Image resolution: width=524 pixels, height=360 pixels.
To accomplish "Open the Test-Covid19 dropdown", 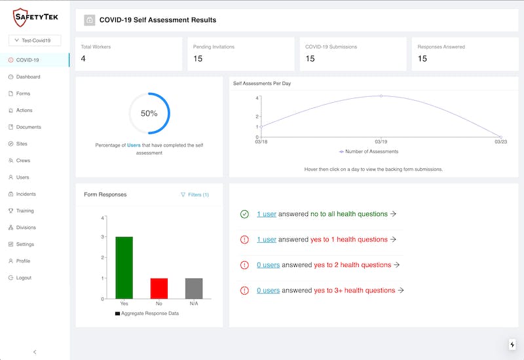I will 35,41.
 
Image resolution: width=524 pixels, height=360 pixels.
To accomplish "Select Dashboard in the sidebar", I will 28,77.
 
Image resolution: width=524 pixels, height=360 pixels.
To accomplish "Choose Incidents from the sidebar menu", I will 26,194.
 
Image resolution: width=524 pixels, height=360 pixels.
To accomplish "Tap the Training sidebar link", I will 25,211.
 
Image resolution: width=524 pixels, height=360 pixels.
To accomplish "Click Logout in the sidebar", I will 24,278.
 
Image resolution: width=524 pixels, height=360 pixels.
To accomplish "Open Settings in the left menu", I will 25,244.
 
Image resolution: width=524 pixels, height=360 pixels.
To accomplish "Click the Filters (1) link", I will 195,194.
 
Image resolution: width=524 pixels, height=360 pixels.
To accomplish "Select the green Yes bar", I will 124,267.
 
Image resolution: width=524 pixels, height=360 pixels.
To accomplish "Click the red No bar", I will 159,288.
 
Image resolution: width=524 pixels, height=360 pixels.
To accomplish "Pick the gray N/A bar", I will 194,288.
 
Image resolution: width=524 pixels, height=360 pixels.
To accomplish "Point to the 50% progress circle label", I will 149,113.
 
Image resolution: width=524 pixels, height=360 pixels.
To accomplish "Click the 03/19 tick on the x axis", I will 381,141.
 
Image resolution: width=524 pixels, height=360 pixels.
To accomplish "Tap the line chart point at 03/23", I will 500,137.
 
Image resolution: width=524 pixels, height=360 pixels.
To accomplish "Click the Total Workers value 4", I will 83,59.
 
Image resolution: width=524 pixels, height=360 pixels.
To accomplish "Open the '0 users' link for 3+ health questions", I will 268,290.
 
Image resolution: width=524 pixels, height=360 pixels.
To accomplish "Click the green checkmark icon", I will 244,214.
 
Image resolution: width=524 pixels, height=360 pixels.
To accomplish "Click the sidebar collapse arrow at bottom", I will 35,352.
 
